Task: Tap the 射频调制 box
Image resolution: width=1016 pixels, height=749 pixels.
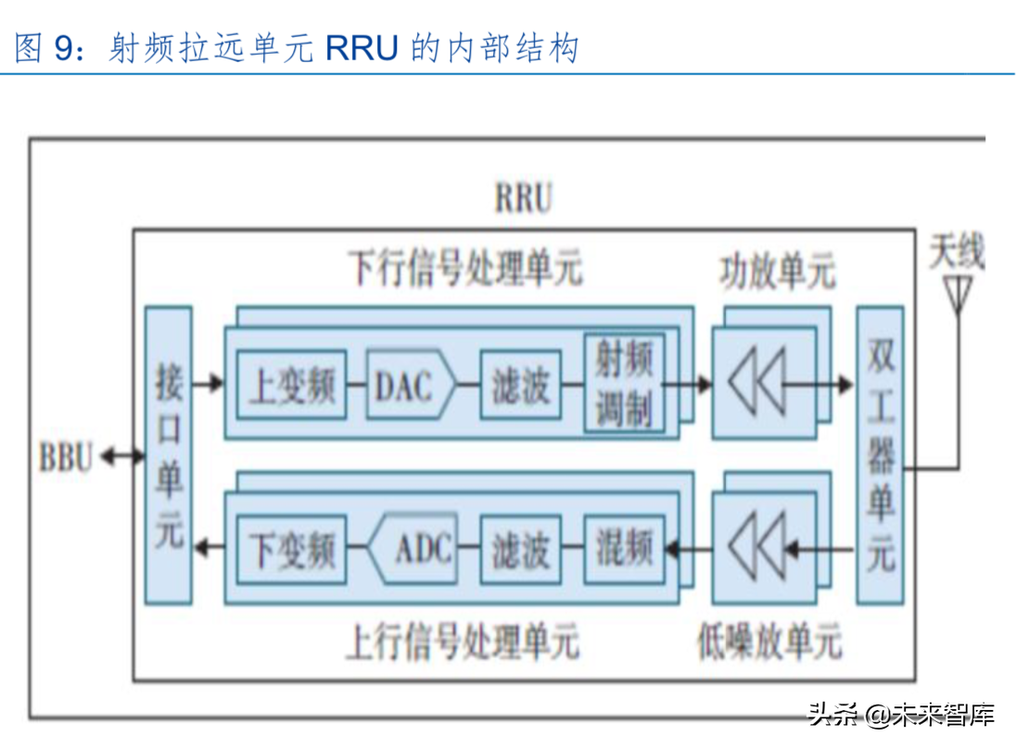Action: tap(624, 384)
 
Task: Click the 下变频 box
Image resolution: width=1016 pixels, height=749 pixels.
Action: tap(291, 551)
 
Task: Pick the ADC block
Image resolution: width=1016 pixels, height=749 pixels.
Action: tap(413, 551)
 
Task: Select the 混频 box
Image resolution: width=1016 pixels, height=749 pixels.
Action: tap(624, 550)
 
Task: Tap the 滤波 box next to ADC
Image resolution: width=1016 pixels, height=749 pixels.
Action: tap(520, 551)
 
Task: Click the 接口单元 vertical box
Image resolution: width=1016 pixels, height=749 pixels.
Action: tap(169, 455)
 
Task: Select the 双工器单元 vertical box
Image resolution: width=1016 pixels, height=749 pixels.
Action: tap(879, 455)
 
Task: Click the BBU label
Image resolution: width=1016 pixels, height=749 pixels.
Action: tap(66, 457)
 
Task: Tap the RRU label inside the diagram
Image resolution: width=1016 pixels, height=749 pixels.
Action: tap(523, 198)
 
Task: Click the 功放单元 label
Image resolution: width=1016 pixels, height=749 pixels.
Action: tap(777, 272)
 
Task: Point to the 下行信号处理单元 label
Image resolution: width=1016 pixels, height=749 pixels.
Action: tap(464, 269)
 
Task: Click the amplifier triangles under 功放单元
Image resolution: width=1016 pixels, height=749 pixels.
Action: tap(758, 383)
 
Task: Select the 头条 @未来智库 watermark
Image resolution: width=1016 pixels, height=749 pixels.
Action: tap(901, 715)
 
